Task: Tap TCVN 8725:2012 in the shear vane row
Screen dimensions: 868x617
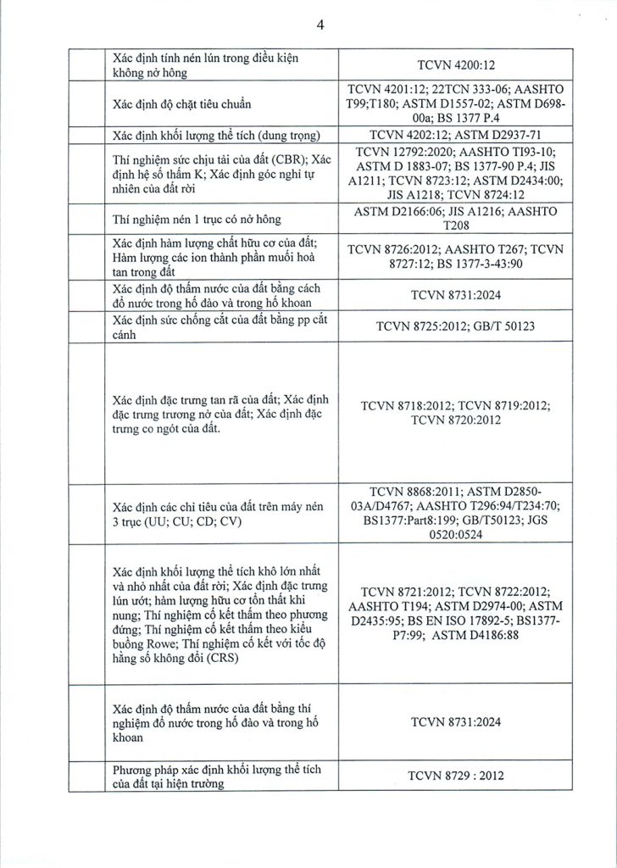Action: click(x=410, y=325)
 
